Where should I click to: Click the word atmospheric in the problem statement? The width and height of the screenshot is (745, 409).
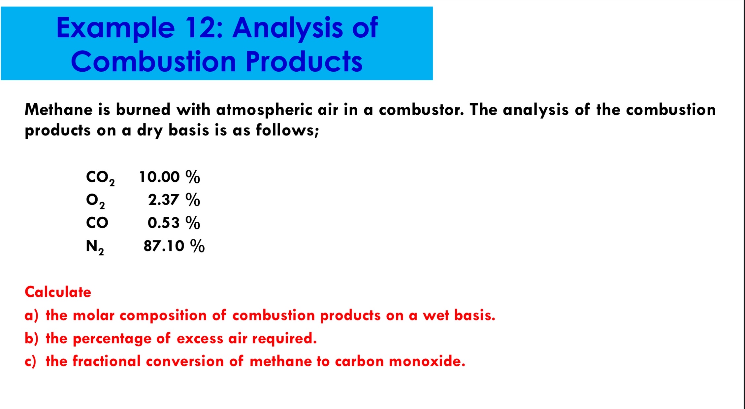coord(264,110)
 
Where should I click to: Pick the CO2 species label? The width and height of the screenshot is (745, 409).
coord(100,178)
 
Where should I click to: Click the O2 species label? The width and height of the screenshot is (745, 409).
coord(95,201)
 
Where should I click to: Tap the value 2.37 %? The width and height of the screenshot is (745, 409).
coord(174,200)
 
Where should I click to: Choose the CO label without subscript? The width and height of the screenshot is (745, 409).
coord(97,223)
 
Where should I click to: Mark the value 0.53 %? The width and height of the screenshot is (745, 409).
coord(174,223)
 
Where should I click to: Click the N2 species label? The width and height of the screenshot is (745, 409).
coord(95,246)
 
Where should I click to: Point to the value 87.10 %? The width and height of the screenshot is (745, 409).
coord(174,246)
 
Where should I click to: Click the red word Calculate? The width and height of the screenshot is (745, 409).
coord(58,292)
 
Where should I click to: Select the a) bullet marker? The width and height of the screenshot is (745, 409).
coord(31,316)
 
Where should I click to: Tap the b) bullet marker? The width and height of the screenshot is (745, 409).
coord(31,339)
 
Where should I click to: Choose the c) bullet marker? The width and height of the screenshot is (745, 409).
coord(30,361)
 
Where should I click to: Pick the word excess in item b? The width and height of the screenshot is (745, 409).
coord(200,339)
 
